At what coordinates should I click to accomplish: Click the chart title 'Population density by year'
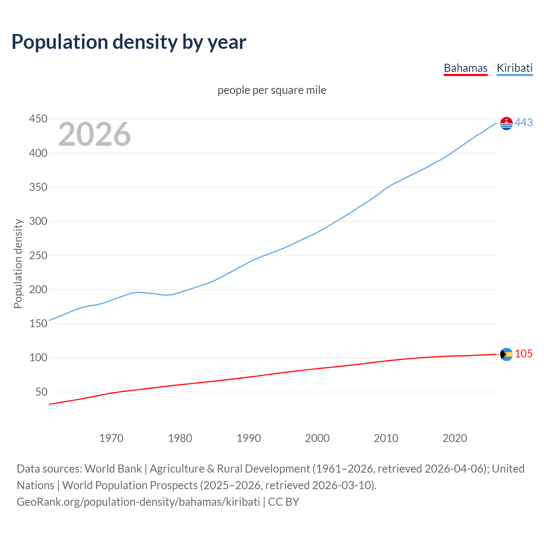pyautogui.click(x=129, y=42)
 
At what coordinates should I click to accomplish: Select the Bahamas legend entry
pyautogui.click(x=465, y=68)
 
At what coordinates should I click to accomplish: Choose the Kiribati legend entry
pyautogui.click(x=514, y=68)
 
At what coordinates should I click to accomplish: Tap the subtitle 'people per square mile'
pyautogui.click(x=272, y=90)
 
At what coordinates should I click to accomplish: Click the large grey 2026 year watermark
pyautogui.click(x=94, y=134)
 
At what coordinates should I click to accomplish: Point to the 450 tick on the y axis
pyautogui.click(x=38, y=119)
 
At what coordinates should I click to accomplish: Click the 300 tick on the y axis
pyautogui.click(x=38, y=221)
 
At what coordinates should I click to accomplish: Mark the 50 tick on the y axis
pyautogui.click(x=41, y=392)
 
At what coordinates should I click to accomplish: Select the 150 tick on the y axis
pyautogui.click(x=38, y=323)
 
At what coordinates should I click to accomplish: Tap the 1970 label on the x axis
pyautogui.click(x=111, y=438)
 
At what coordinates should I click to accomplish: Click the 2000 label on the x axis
pyautogui.click(x=317, y=438)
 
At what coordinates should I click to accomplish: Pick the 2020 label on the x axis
pyautogui.click(x=455, y=438)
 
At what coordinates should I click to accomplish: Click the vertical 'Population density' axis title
pyautogui.click(x=18, y=263)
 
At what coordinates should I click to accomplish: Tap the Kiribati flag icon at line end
pyautogui.click(x=506, y=123)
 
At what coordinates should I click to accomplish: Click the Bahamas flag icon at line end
pyautogui.click(x=506, y=354)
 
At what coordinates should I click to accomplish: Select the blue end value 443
pyautogui.click(x=524, y=123)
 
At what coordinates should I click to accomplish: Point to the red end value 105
pyautogui.click(x=524, y=354)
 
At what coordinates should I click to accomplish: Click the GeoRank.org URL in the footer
pyautogui.click(x=138, y=502)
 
